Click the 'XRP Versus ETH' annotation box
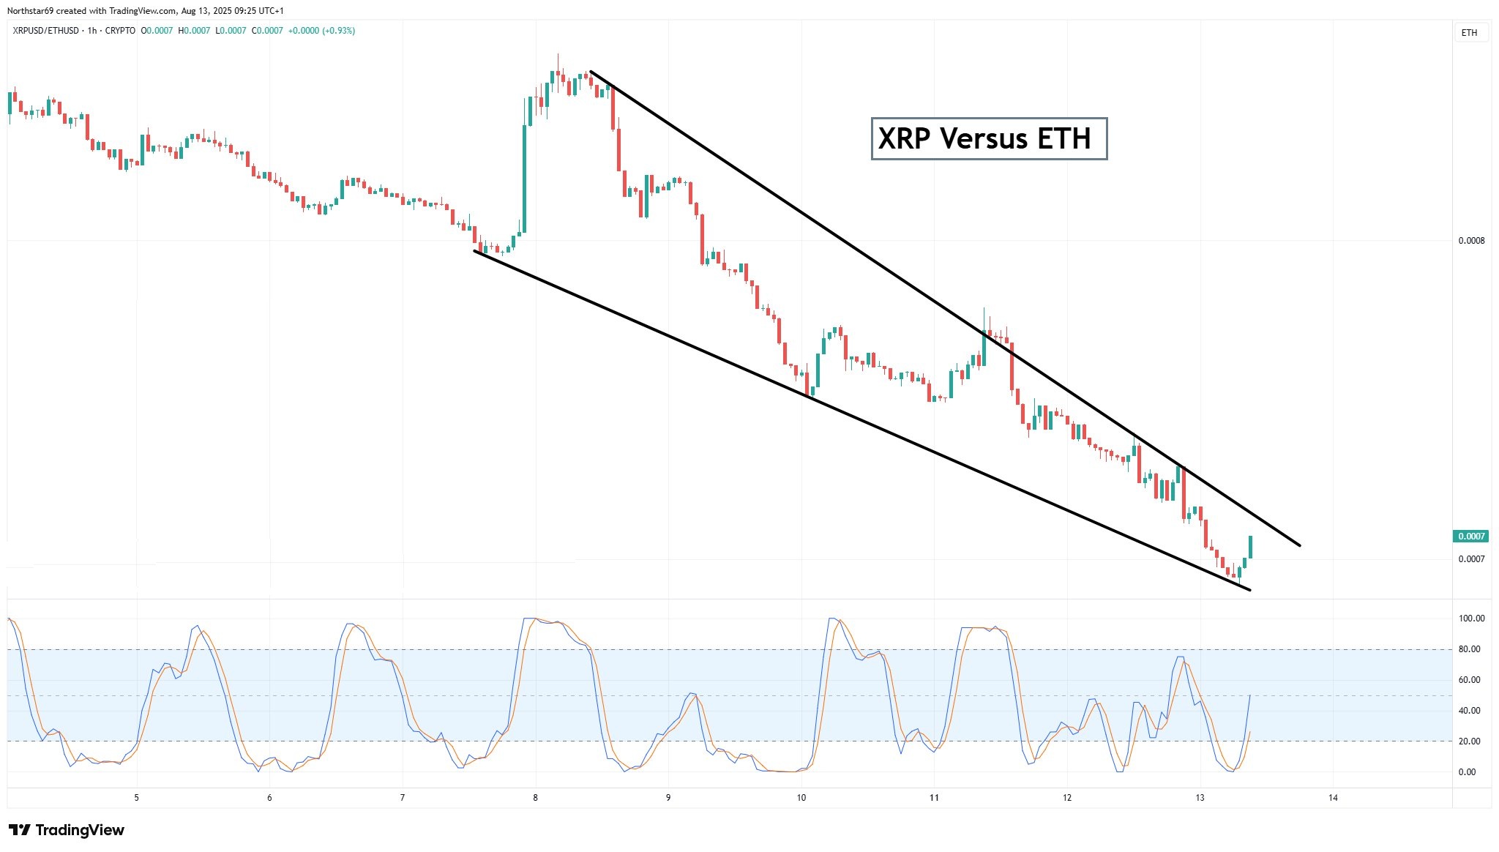point(988,138)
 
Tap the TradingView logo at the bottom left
point(67,830)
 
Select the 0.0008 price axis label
point(1471,241)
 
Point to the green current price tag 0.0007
point(1470,537)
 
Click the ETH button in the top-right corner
point(1469,33)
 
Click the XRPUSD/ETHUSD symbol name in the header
point(47,31)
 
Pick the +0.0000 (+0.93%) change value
point(321,31)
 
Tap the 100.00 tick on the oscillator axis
point(1471,619)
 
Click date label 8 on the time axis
point(536,798)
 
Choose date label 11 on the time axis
point(934,798)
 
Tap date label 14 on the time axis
point(1333,798)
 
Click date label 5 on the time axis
point(137,798)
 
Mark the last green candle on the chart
point(1250,547)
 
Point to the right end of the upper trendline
point(1299,545)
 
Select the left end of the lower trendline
point(475,251)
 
